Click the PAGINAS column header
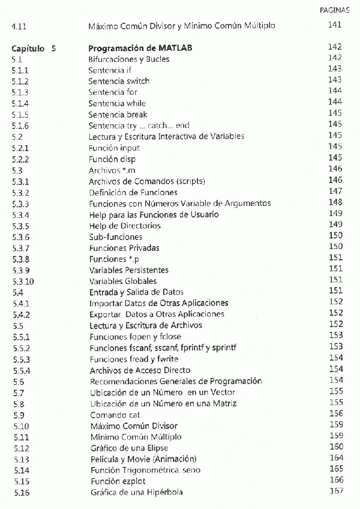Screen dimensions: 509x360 click(x=337, y=11)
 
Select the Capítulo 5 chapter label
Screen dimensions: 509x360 click(x=34, y=48)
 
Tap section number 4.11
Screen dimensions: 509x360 click(x=19, y=26)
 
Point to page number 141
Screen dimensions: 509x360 click(x=335, y=25)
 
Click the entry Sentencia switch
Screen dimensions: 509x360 click(x=119, y=81)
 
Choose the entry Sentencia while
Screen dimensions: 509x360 click(x=117, y=103)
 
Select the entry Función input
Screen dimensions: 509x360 click(x=114, y=148)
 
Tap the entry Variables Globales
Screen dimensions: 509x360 click(x=123, y=281)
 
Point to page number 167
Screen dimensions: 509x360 click(x=336, y=492)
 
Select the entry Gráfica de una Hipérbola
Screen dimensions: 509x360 click(x=137, y=493)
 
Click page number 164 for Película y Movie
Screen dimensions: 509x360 click(x=336, y=459)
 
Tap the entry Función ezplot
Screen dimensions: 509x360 click(x=118, y=481)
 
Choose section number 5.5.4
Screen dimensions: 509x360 click(x=22, y=370)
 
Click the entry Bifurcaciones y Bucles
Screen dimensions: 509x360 click(x=128, y=59)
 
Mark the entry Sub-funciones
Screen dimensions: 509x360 click(x=115, y=237)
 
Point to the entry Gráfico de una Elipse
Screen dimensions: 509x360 click(x=129, y=448)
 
